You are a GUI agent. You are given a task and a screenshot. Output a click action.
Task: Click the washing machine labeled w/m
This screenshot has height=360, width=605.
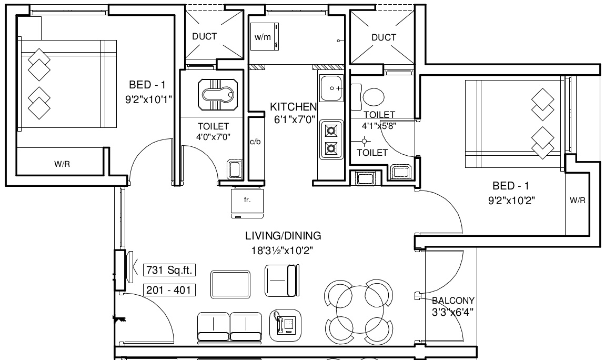coord(265,37)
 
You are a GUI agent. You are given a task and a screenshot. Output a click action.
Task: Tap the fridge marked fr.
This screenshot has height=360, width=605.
coord(247,203)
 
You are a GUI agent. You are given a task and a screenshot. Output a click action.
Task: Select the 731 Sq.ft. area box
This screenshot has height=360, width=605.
coord(169,270)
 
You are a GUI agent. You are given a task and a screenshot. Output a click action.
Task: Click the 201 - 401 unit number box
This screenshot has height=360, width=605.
coord(169,290)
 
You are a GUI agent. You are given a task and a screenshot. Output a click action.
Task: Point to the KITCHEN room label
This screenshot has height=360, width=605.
coord(293,107)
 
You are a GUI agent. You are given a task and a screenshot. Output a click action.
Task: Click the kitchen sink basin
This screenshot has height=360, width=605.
coord(331,88)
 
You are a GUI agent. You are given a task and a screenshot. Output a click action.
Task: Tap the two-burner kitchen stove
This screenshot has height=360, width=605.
coord(331,139)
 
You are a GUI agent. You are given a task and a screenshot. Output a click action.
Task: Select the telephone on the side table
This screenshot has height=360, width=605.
coord(285,325)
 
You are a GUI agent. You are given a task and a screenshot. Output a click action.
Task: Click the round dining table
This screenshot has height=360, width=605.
coord(359,309)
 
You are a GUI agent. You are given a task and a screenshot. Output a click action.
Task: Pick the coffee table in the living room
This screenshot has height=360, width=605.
coord(230,284)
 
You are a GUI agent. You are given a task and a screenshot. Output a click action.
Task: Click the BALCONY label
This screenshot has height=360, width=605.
coord(453,301)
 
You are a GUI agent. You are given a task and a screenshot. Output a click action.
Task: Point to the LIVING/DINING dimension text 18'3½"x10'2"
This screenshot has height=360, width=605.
coord(282,251)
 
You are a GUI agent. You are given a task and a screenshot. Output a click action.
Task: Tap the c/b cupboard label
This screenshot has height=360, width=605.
coord(255,142)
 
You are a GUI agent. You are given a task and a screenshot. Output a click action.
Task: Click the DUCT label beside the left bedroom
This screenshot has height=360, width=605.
coord(205,37)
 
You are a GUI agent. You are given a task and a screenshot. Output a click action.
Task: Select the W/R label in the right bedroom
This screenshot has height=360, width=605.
coord(578,200)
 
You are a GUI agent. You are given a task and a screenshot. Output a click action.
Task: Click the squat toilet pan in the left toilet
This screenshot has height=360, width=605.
coord(218,95)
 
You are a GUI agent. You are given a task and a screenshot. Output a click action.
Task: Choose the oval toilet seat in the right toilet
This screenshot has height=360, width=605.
coord(374,97)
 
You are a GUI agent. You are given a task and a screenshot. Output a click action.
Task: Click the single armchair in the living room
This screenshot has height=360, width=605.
coord(281,281)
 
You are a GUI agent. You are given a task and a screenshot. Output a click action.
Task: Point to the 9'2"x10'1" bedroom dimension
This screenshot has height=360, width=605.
coord(148,100)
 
